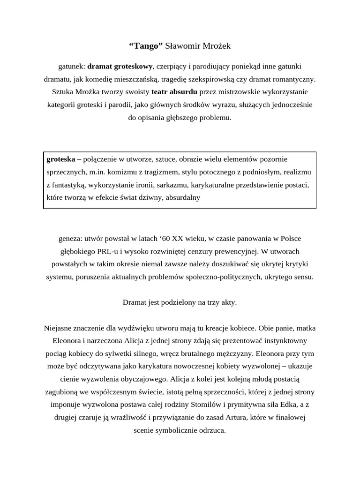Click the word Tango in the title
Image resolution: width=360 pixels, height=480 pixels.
pos(146,46)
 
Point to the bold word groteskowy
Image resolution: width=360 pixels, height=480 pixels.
pos(134,67)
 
